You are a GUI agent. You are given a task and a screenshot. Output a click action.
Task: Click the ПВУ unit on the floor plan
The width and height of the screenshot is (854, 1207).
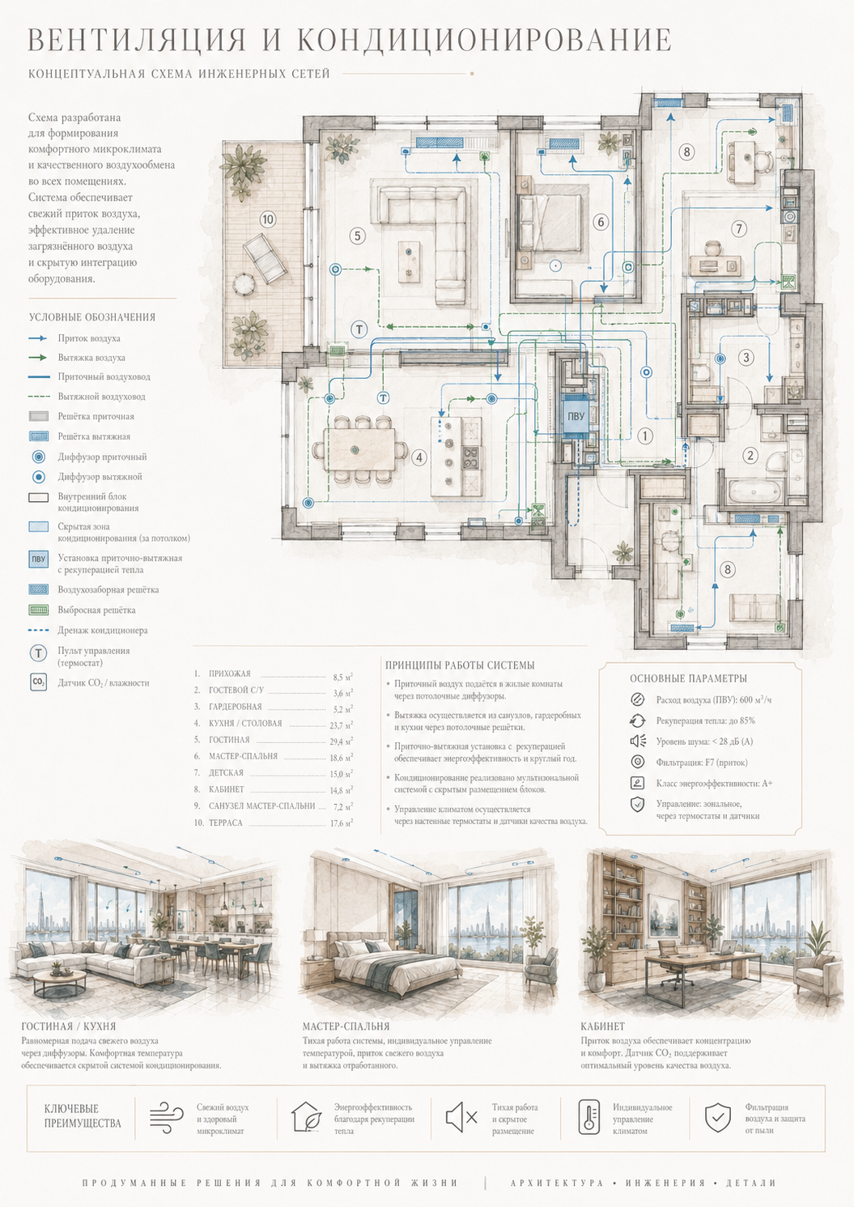click(576, 417)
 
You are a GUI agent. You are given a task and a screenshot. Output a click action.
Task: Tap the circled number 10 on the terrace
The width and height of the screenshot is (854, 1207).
click(267, 219)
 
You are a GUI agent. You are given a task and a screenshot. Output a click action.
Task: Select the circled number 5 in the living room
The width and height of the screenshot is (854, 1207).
click(357, 236)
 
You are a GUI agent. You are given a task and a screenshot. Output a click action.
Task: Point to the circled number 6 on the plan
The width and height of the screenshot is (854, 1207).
click(601, 222)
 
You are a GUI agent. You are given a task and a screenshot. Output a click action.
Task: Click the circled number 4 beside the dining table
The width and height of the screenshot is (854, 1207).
click(419, 458)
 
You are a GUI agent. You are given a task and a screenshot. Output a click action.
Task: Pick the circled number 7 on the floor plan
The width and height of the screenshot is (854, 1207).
click(739, 228)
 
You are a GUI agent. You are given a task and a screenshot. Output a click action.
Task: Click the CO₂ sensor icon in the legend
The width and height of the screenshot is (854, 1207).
click(38, 682)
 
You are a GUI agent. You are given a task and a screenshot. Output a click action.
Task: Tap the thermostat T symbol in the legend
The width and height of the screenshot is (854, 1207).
click(38, 653)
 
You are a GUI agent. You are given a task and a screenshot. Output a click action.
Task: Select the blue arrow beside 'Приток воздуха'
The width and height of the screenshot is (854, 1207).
click(38, 338)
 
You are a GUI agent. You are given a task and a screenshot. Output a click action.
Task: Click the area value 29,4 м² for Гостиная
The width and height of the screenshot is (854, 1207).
click(342, 742)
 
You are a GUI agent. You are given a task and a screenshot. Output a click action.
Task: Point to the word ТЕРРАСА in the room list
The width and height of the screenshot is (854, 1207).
click(226, 822)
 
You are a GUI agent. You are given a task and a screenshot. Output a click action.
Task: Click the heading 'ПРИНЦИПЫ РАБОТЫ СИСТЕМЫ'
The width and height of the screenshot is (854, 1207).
click(460, 665)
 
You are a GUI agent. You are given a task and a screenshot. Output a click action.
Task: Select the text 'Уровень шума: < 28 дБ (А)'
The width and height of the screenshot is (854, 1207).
click(704, 742)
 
